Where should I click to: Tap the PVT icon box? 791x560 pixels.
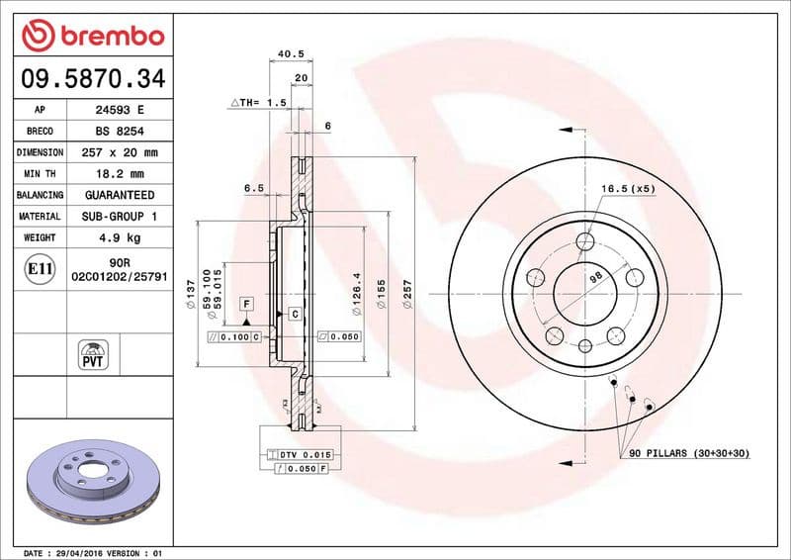(93, 353)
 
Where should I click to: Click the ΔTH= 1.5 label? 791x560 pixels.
(258, 102)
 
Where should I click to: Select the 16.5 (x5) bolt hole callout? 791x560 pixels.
(627, 187)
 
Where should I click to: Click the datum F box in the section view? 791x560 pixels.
(245, 302)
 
